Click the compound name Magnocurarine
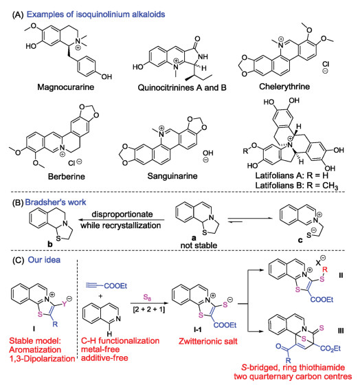(x=65, y=87)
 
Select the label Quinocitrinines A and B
(x=182, y=87)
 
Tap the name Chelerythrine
(x=284, y=87)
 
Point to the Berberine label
(x=66, y=176)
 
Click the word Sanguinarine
(x=172, y=176)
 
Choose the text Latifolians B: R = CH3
(x=296, y=186)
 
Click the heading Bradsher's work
(x=56, y=202)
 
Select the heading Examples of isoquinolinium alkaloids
(x=95, y=14)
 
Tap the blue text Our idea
(x=44, y=260)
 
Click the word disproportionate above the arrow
(x=122, y=214)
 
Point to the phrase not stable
(x=199, y=245)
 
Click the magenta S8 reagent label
(x=147, y=298)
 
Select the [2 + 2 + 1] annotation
(x=149, y=309)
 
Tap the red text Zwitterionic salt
(x=208, y=341)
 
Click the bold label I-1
(x=198, y=329)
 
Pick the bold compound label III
(x=341, y=331)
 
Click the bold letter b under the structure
(x=50, y=244)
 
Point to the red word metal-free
(x=100, y=349)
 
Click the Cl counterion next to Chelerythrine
(x=326, y=64)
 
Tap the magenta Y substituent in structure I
(x=64, y=304)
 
